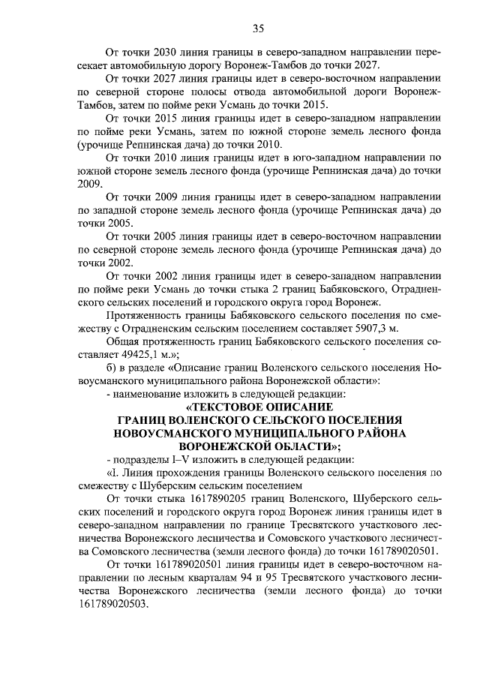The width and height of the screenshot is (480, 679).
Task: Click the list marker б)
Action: pyautogui.click(x=112, y=368)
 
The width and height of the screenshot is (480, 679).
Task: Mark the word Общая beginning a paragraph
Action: pyautogui.click(x=124, y=341)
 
